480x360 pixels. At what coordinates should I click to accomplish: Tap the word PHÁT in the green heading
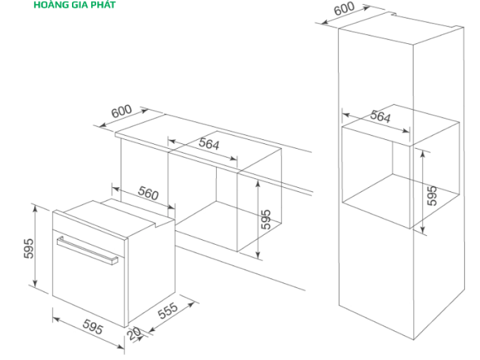(103, 4)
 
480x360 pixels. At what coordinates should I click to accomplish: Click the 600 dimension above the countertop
(122, 111)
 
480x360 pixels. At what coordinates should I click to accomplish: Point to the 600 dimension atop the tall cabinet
(344, 8)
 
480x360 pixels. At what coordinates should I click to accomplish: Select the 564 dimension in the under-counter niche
(209, 144)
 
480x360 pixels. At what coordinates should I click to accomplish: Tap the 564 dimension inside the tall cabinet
(380, 116)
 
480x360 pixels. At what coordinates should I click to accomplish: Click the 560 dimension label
(148, 193)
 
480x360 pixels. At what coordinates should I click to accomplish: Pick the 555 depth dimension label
(167, 310)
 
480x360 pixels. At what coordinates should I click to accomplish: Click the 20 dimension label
(134, 334)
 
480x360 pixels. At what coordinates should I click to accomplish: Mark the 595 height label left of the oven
(28, 248)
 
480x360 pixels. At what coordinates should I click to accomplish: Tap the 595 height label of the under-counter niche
(266, 219)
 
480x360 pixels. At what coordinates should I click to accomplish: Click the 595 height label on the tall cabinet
(432, 196)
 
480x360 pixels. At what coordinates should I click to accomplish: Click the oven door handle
(87, 250)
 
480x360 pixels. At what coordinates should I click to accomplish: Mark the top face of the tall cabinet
(401, 29)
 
